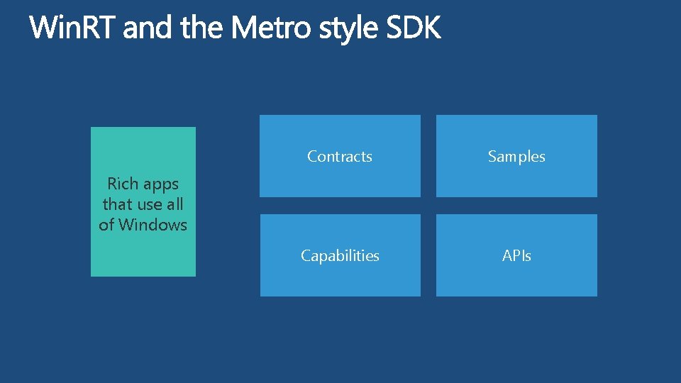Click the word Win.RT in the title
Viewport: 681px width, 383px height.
(x=73, y=29)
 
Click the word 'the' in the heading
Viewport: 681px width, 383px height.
(x=203, y=29)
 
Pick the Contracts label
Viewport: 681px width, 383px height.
(x=340, y=157)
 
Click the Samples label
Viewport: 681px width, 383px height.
(x=516, y=157)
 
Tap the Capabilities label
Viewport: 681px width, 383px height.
(x=340, y=256)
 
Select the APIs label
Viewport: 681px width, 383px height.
(x=516, y=256)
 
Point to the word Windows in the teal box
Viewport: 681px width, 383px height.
(x=153, y=226)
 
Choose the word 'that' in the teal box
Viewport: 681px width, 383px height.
(x=117, y=204)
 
